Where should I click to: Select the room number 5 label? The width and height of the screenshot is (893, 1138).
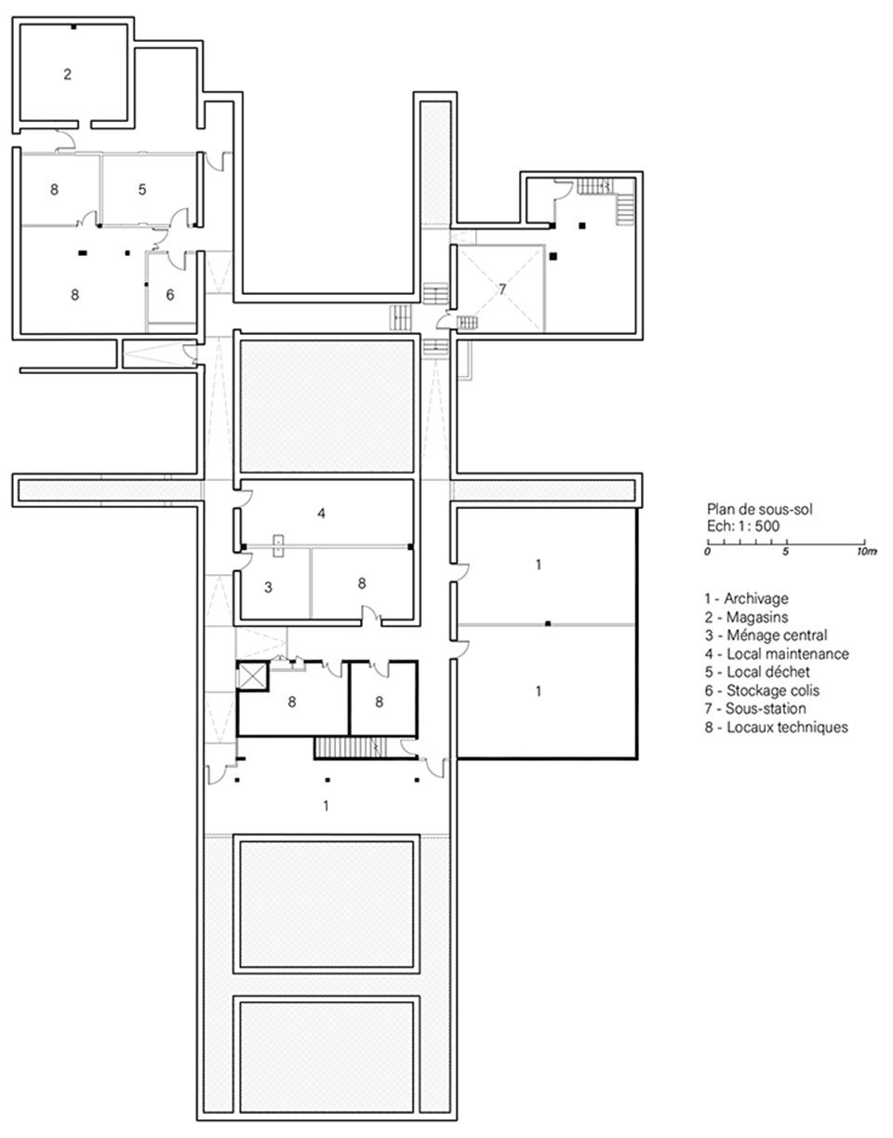tap(142, 190)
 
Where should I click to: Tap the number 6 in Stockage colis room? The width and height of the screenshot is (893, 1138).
tap(170, 295)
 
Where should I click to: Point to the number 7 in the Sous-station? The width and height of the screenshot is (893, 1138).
tap(502, 289)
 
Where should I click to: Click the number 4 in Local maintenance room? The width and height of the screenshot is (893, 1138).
tap(322, 514)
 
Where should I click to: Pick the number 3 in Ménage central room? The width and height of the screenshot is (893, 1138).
tap(268, 587)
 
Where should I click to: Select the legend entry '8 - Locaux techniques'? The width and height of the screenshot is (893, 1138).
tap(777, 727)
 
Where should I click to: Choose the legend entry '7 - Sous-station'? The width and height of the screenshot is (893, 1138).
tap(755, 708)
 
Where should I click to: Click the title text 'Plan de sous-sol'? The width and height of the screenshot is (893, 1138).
tap(760, 508)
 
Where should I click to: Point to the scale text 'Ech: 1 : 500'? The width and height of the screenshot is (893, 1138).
tap(743, 526)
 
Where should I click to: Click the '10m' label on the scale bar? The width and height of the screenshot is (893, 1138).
tap(867, 552)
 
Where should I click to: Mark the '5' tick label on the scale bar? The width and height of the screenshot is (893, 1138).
tap(785, 552)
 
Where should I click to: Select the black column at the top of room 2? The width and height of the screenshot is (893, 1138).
tap(73, 27)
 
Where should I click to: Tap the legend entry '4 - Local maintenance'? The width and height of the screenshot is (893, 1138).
tap(777, 653)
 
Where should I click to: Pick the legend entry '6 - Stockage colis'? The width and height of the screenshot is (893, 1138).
tap(762, 690)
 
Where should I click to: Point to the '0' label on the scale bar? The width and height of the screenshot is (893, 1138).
tap(708, 552)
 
